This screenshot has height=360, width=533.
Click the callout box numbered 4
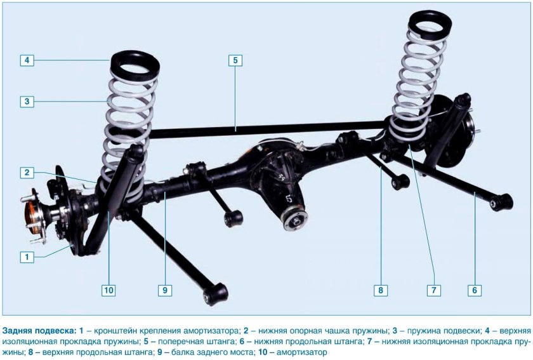pyautogui.click(x=27, y=60)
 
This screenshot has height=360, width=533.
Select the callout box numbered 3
pyautogui.click(x=27, y=102)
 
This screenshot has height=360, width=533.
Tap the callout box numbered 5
pyautogui.click(x=235, y=60)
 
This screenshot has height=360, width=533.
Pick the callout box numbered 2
pyautogui.click(x=27, y=173)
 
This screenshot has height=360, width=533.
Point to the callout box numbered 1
pyautogui.click(x=27, y=257)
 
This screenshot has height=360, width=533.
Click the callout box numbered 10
pyautogui.click(x=109, y=290)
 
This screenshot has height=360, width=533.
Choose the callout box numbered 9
pyautogui.click(x=165, y=290)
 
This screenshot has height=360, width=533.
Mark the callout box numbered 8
pyautogui.click(x=380, y=290)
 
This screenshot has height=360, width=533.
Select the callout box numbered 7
pyautogui.click(x=434, y=290)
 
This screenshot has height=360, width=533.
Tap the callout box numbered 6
pyautogui.click(x=475, y=290)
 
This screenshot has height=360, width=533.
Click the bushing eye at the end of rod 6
pyautogui.click(x=501, y=202)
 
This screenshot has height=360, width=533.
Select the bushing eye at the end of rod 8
pyautogui.click(x=400, y=182)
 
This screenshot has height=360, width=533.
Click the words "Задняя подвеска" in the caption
pyautogui.click(x=39, y=331)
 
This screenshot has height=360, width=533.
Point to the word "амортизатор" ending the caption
pyautogui.click(x=302, y=352)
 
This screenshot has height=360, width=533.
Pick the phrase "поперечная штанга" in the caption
pyautogui.click(x=197, y=342)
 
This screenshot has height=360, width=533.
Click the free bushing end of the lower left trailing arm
pyautogui.click(x=216, y=294)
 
